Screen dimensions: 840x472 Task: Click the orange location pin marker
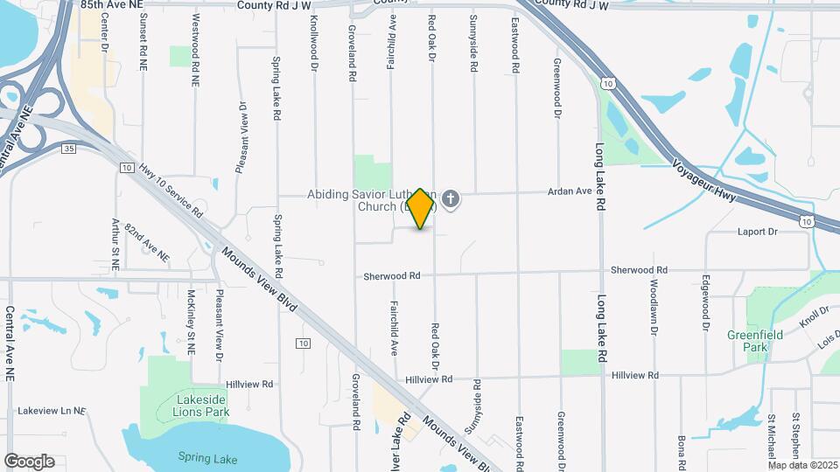point(421,209)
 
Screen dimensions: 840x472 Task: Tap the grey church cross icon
point(451,200)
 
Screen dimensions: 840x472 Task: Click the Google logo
point(29,462)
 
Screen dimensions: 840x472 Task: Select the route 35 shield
point(69,149)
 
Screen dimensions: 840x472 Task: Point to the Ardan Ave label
point(570,191)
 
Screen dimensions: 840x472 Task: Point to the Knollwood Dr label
point(312,37)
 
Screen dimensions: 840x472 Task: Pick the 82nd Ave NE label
point(146,243)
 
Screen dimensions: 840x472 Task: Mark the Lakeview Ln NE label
point(52,410)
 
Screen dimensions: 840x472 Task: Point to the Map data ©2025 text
point(801,465)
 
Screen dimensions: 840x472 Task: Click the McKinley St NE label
point(190,323)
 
